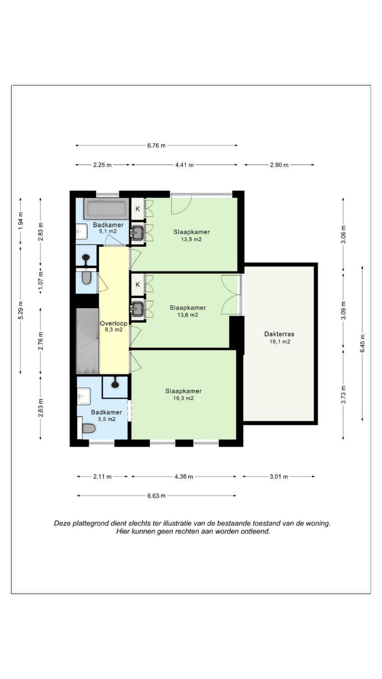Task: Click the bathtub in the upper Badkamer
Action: click(106, 209)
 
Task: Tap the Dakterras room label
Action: click(279, 334)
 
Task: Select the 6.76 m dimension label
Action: click(156, 145)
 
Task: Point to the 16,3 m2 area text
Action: click(183, 398)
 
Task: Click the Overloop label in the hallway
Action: click(114, 323)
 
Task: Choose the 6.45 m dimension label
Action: click(362, 343)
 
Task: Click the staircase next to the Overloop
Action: click(88, 341)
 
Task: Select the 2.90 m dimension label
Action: click(279, 165)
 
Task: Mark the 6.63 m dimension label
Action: click(156, 496)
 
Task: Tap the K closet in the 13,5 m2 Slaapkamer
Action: click(138, 209)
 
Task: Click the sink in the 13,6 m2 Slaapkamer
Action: click(137, 309)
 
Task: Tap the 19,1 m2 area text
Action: click(279, 342)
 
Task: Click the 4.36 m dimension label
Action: click(184, 477)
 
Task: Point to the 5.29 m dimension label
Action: click(21, 310)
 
